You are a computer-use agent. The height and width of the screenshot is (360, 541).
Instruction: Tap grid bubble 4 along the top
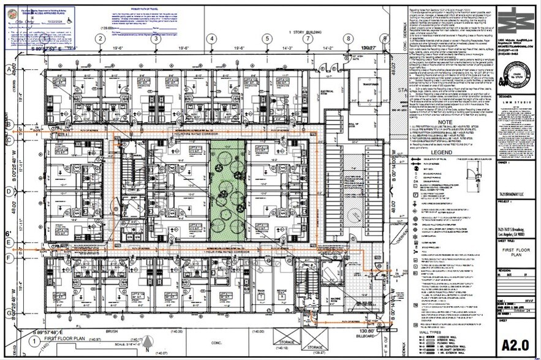211,39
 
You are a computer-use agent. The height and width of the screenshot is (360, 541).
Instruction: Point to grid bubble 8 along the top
348,39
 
